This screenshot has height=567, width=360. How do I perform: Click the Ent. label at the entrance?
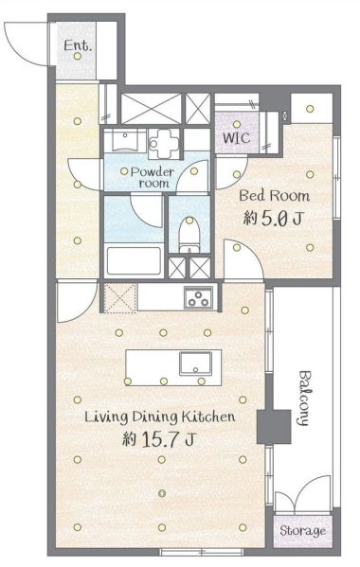(x=78, y=45)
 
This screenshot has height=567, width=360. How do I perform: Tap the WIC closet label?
(x=236, y=138)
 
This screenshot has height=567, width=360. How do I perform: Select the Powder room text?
(x=153, y=177)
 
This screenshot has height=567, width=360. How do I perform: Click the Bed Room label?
(x=275, y=196)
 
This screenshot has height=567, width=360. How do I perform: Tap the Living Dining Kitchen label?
(x=159, y=416)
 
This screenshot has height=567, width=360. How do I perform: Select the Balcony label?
(x=303, y=398)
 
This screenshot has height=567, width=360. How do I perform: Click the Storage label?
(x=302, y=531)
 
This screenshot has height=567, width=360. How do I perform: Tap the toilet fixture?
(x=189, y=236)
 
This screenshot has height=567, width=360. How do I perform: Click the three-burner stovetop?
(x=199, y=298)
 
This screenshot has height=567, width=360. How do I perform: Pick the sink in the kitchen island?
(x=196, y=364)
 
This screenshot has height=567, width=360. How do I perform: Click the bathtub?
(x=134, y=260)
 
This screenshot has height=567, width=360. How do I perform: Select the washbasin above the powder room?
(x=124, y=140)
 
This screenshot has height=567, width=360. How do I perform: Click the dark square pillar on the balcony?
(x=274, y=427)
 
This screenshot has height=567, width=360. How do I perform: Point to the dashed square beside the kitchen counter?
(x=120, y=298)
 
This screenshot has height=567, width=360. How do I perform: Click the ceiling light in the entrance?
(x=77, y=56)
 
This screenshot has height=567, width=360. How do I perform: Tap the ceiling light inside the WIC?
(x=237, y=124)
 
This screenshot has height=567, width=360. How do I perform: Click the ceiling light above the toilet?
(x=189, y=220)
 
